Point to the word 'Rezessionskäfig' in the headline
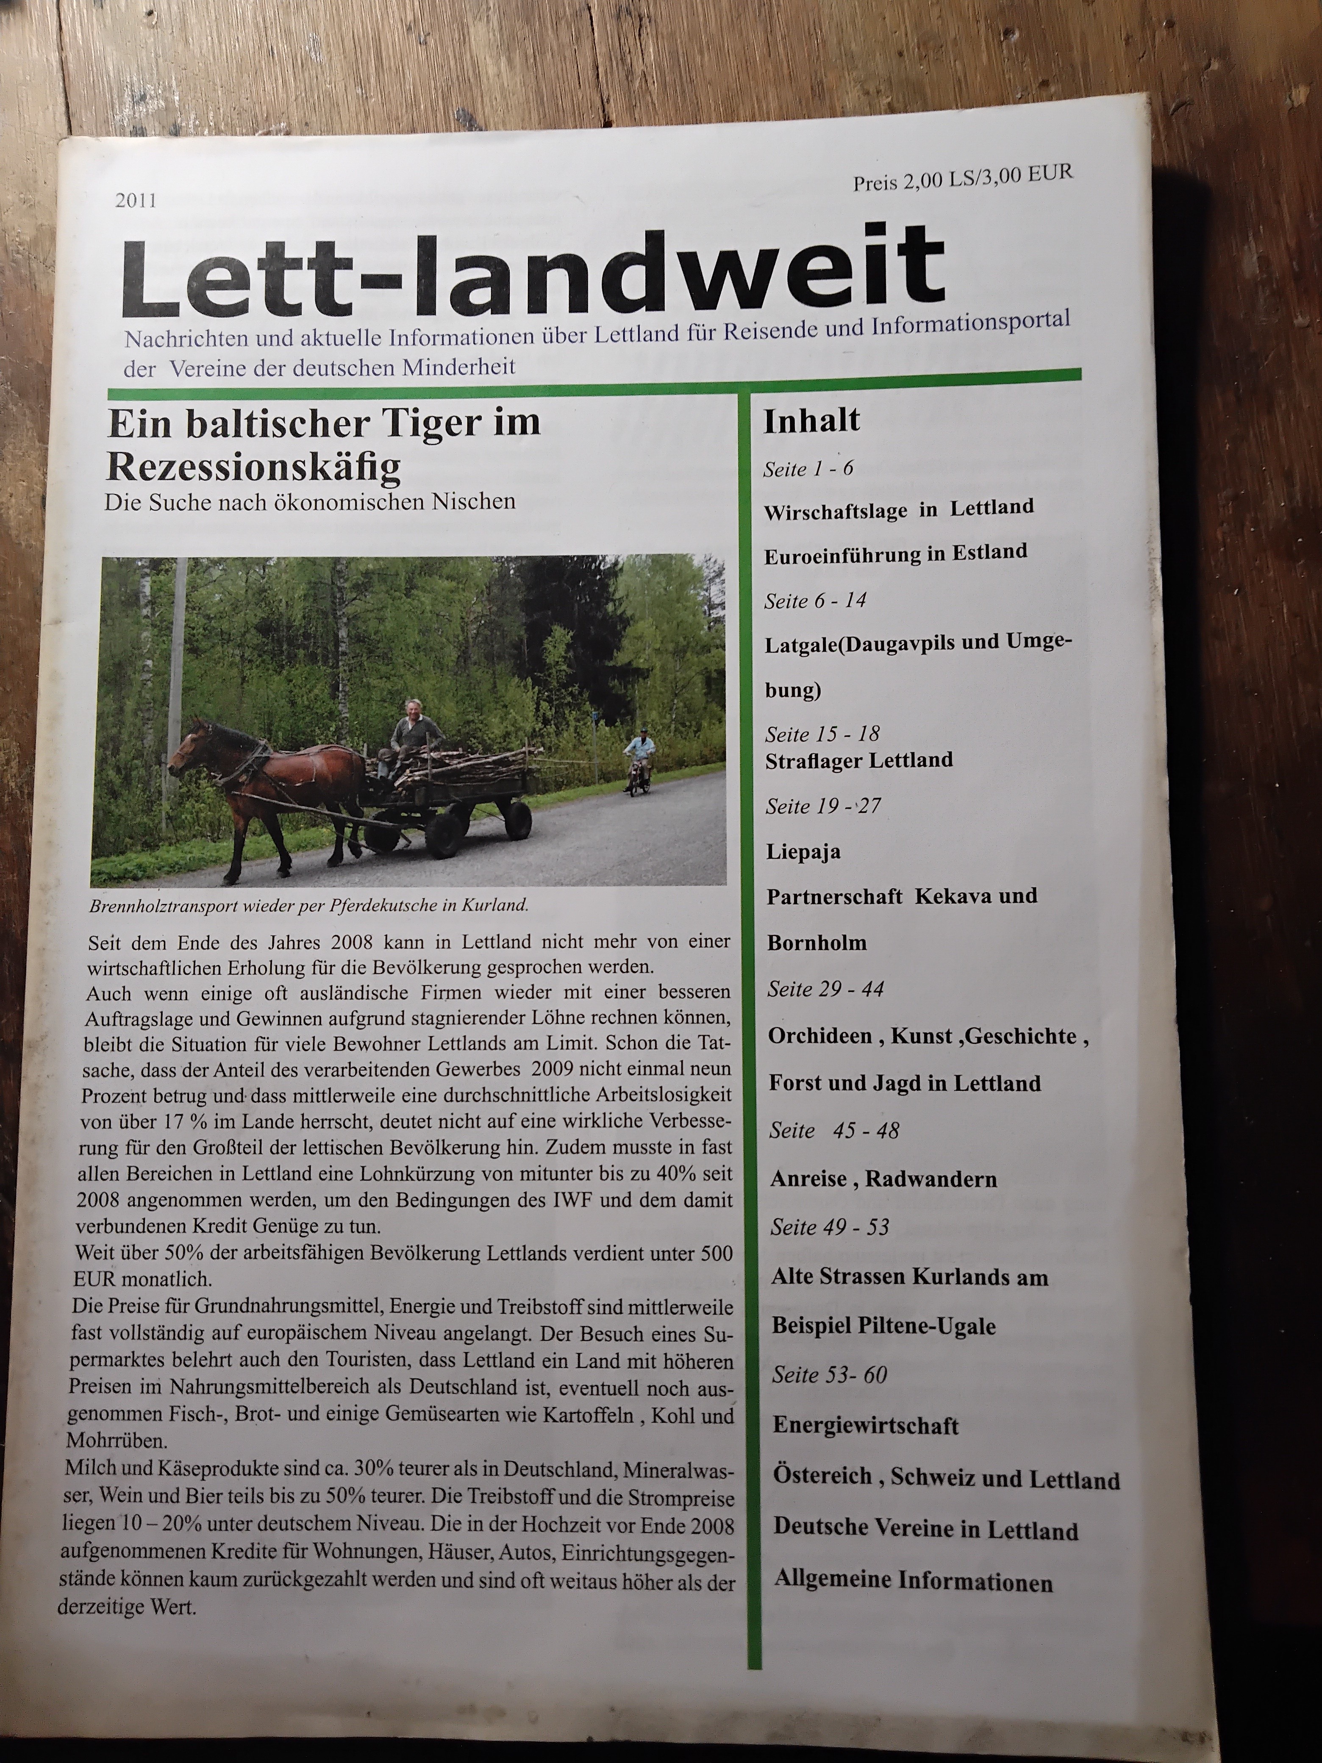pos(253,467)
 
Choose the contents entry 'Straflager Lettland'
pos(858,760)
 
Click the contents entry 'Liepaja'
pos(803,851)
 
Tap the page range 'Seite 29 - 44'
pos(825,989)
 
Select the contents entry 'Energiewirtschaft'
pos(865,1425)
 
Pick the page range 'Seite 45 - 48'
pos(833,1131)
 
